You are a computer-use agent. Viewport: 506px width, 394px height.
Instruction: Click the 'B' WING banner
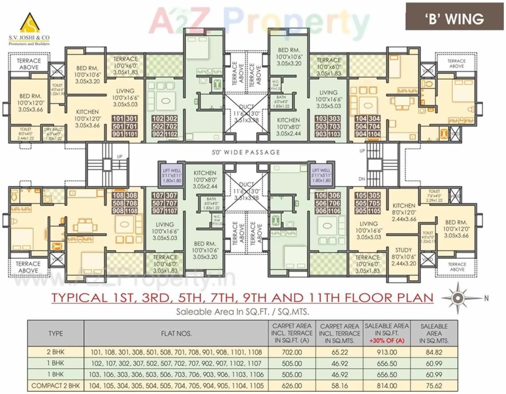tap(452, 19)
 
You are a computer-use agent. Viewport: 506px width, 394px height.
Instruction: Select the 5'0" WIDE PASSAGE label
tap(246, 152)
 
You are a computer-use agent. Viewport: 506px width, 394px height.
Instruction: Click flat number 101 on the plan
tap(118, 119)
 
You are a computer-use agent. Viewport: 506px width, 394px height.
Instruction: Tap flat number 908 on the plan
tap(118, 211)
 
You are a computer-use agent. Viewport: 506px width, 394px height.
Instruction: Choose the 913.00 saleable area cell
tap(386, 352)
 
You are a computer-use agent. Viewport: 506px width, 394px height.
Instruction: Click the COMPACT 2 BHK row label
tap(56, 386)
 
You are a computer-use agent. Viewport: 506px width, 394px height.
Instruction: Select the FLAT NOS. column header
tap(176, 333)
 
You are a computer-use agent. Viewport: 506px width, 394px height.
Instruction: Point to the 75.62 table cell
tap(434, 386)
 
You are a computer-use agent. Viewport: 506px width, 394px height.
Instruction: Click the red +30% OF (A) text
tap(386, 341)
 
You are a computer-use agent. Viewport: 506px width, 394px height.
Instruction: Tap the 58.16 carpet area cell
tap(339, 386)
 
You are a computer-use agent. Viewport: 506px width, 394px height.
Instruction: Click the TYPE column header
tap(56, 333)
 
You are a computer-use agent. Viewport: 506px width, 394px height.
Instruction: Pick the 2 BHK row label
tap(56, 352)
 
